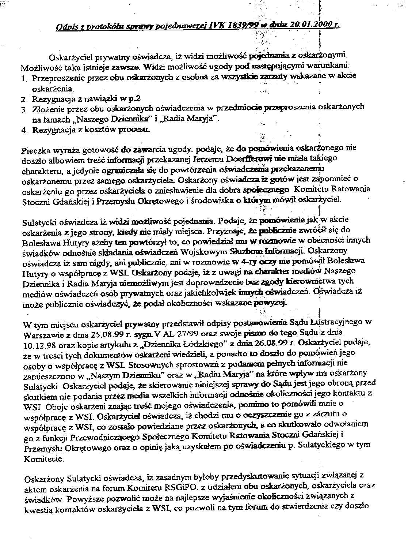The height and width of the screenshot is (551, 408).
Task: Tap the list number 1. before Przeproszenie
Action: [x=24, y=78]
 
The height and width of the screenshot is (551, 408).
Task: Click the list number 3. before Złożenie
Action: [x=24, y=109]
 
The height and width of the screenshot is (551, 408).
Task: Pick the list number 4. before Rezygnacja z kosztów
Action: [x=24, y=130]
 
